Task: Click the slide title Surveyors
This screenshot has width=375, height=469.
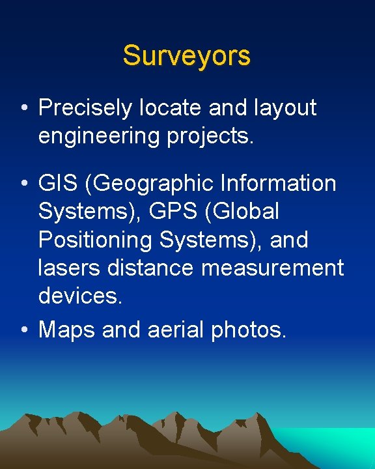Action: click(187, 56)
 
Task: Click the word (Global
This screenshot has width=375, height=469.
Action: click(242, 212)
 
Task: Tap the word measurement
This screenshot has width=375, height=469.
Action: click(271, 268)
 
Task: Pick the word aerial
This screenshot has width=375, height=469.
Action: click(171, 330)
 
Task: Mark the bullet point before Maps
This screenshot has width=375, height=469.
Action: click(23, 330)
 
